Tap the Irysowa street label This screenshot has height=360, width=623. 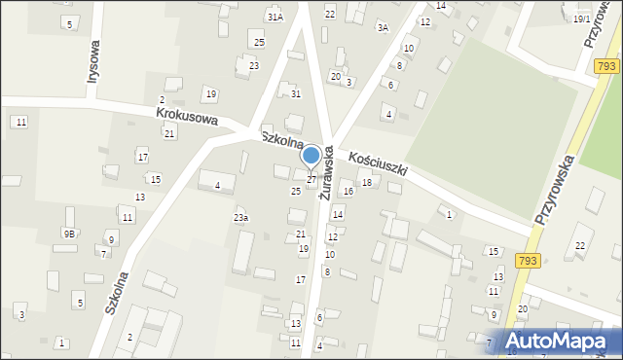click(94, 64)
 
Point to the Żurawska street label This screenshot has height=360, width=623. click(328, 172)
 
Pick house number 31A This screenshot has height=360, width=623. click(275, 18)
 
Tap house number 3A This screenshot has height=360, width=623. click(383, 28)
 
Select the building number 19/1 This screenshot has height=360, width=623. click(582, 19)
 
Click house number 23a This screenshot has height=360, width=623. click(240, 217)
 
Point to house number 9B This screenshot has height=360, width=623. click(69, 234)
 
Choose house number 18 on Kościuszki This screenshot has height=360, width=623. click(367, 183)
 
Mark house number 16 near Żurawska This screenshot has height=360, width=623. click(348, 192)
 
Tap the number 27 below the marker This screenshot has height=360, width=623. click(311, 180)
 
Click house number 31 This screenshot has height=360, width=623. click(296, 93)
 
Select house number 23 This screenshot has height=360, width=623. click(254, 65)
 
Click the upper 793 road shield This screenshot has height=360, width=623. click(607, 66)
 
